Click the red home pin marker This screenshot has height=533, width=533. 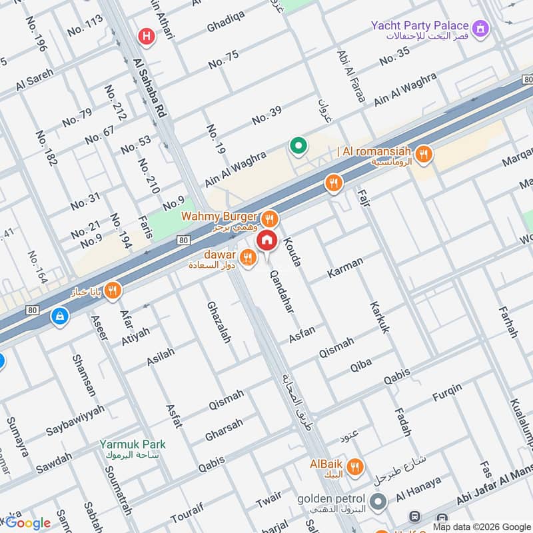(x=267, y=240)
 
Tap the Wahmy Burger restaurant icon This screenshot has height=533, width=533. (x=269, y=219)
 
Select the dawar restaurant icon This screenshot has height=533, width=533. (x=247, y=257)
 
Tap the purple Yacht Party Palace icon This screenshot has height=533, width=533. (x=480, y=28)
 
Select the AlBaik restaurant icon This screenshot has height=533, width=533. (x=356, y=467)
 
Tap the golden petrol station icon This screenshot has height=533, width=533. (x=378, y=502)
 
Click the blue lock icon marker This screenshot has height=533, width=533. (x=60, y=316)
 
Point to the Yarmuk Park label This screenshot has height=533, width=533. (x=133, y=444)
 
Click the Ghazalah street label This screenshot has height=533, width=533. (x=218, y=321)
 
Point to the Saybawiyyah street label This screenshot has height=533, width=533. (x=75, y=420)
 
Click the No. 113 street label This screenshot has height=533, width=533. (x=85, y=25)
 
